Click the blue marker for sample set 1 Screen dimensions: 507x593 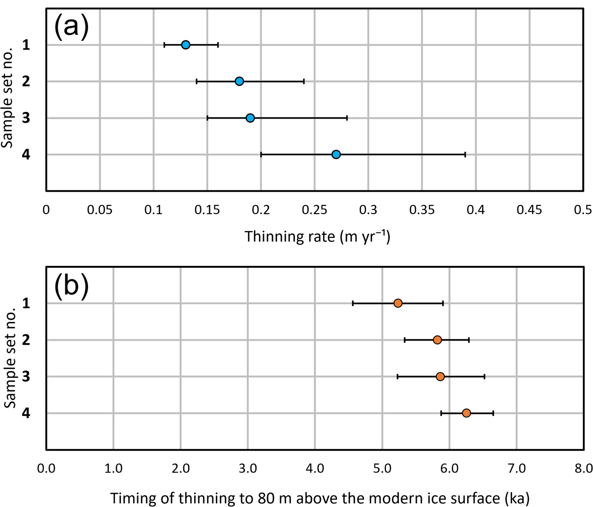tap(186, 45)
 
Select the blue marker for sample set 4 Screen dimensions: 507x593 tap(336, 155)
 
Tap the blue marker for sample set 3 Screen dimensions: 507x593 tap(250, 118)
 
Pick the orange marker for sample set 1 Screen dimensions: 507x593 tap(398, 303)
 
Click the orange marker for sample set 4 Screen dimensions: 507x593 tap(466, 413)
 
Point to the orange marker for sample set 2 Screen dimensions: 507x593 tap(437, 340)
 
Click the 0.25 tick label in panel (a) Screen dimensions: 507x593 tap(314, 210)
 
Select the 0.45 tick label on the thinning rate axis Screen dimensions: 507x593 tap(529, 210)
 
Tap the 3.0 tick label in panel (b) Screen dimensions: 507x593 tap(248, 469)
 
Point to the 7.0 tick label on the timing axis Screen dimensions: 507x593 tap(517, 469)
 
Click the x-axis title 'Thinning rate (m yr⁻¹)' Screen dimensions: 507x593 tap(317, 237)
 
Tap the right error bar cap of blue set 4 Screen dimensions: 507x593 tap(465, 155)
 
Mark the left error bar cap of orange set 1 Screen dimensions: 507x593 tap(353, 303)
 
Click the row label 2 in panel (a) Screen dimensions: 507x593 tap(26, 81)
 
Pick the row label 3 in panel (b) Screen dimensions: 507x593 tap(26, 377)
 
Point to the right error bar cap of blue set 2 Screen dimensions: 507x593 tap(304, 81)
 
